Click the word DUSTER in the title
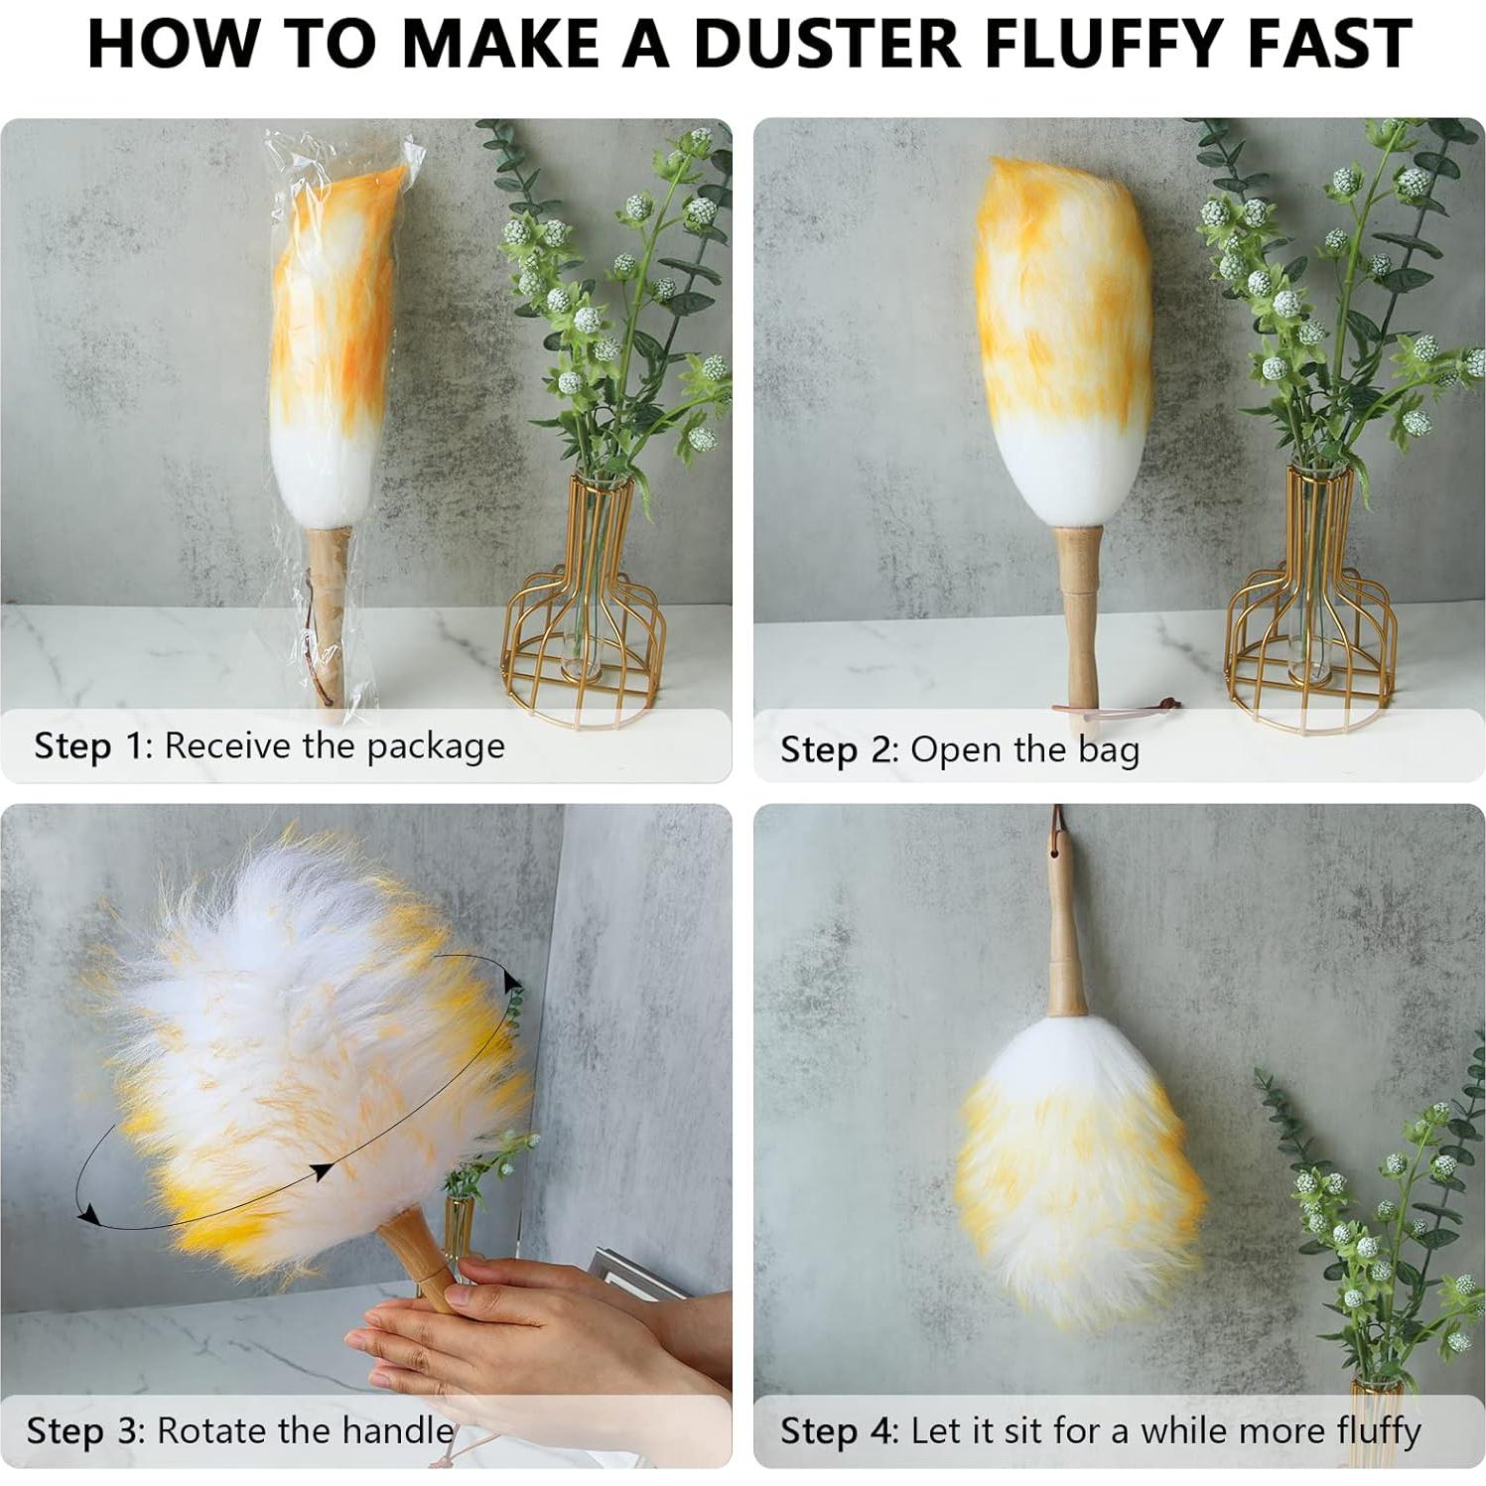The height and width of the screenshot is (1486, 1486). [x=828, y=44]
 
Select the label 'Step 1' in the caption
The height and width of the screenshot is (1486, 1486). [x=88, y=745]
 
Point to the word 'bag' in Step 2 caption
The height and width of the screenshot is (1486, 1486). [x=1108, y=751]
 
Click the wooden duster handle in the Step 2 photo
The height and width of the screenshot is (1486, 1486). [x=1078, y=615]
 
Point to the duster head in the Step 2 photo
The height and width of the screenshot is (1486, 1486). [x=1062, y=338]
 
